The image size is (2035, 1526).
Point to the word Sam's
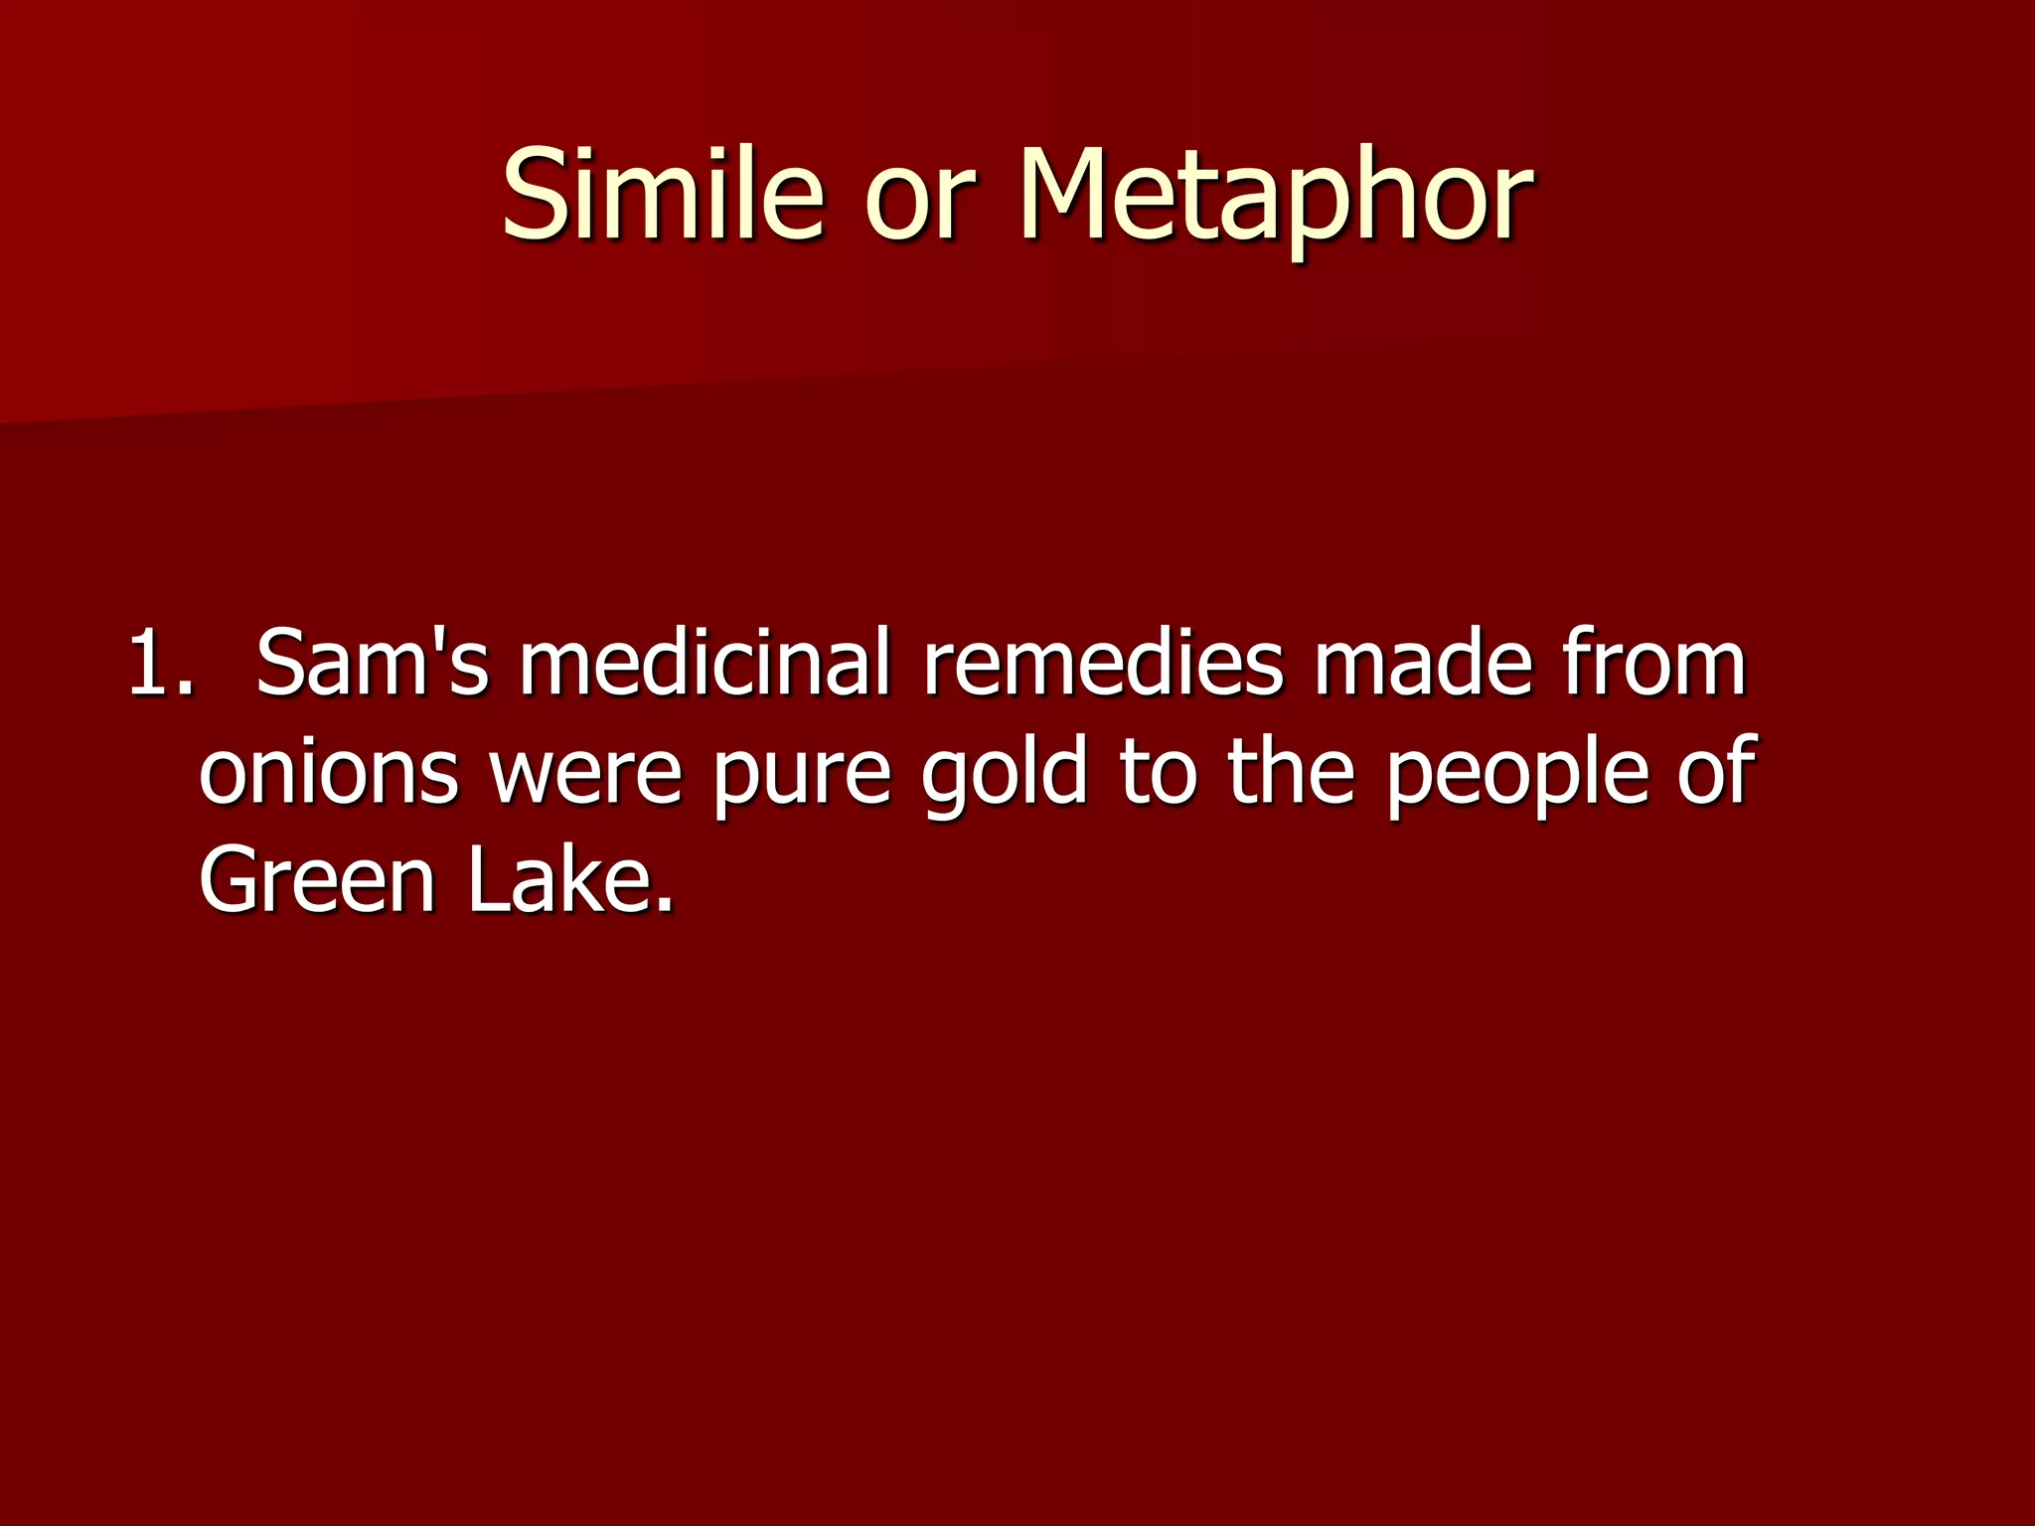[x=373, y=663]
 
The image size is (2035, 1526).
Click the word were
[x=586, y=773]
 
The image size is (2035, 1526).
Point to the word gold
[x=1004, y=773]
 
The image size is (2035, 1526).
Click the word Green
[x=318, y=880]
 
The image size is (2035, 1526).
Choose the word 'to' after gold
[x=1158, y=773]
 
